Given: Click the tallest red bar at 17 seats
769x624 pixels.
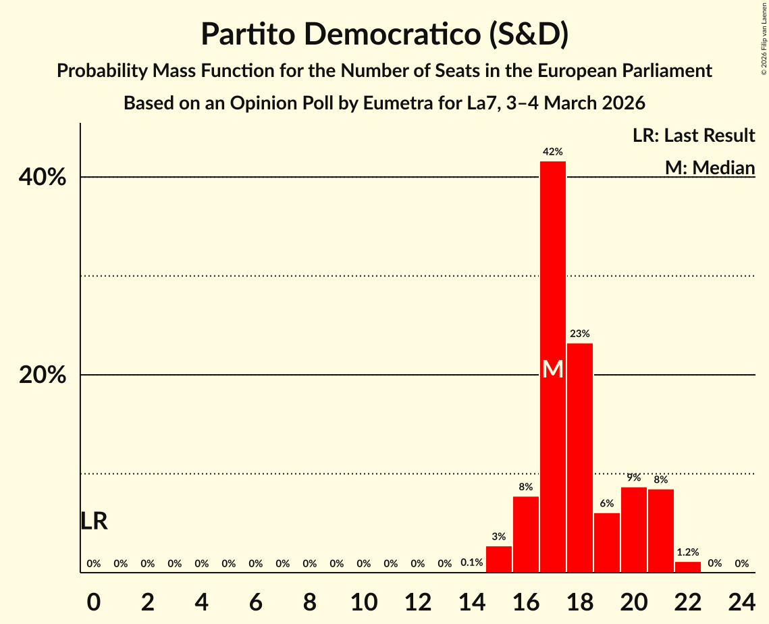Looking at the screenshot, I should (553, 270).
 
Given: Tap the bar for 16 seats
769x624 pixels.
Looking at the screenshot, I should (526, 534).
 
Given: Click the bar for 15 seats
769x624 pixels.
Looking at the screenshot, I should (499, 559).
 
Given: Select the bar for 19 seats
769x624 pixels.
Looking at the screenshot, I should (607, 542).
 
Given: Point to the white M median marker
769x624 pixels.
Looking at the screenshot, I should (553, 369).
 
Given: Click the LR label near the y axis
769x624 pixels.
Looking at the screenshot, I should (94, 521).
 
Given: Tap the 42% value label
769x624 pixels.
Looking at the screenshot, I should (553, 152).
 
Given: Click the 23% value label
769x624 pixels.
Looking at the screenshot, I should (580, 334).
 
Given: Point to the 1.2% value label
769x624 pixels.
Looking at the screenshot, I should (688, 552).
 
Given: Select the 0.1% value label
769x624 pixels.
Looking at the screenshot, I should (471, 563).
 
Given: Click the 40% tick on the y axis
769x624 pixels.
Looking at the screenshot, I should (43, 178).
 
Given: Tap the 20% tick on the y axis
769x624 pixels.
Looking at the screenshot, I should (43, 375).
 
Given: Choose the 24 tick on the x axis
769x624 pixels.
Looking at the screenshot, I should (741, 599).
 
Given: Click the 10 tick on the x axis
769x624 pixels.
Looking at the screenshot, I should (364, 599).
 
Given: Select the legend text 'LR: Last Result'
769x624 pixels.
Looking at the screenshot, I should (693, 136).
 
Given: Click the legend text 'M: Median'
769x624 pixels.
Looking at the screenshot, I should (710, 167).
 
